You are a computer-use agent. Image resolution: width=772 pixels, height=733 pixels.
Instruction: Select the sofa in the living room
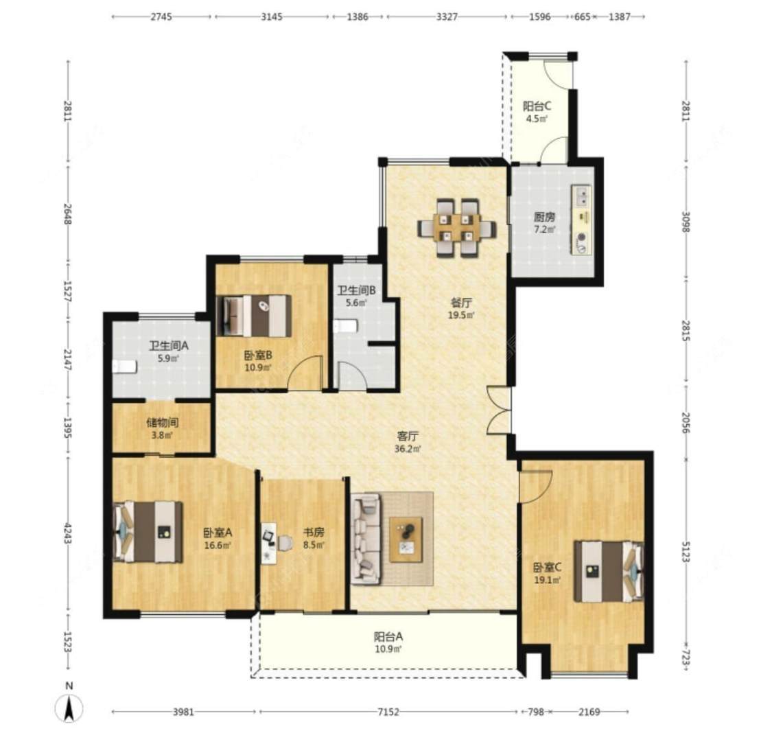click(x=365, y=539)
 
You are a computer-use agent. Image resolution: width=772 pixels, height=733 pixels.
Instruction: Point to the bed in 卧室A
click(x=148, y=532)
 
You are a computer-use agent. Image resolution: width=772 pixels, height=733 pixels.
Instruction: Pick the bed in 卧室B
click(x=254, y=316)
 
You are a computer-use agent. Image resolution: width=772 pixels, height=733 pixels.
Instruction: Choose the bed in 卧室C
click(x=609, y=572)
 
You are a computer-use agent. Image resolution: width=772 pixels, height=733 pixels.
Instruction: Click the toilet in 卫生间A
click(x=124, y=366)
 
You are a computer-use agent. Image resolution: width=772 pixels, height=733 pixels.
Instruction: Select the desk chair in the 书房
click(x=285, y=542)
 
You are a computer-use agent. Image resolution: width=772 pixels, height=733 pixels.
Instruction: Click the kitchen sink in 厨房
click(x=582, y=196)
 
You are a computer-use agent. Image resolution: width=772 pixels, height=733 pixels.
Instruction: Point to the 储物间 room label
click(x=163, y=422)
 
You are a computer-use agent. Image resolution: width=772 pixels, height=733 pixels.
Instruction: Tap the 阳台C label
click(x=537, y=106)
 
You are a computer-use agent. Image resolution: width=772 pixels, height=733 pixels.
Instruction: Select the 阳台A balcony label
click(x=388, y=636)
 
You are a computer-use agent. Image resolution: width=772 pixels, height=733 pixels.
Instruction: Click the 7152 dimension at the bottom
click(x=388, y=712)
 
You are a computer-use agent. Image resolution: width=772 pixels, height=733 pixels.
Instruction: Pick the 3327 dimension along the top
click(x=447, y=16)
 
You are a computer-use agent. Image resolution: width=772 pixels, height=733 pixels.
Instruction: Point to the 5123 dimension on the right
click(x=686, y=551)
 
